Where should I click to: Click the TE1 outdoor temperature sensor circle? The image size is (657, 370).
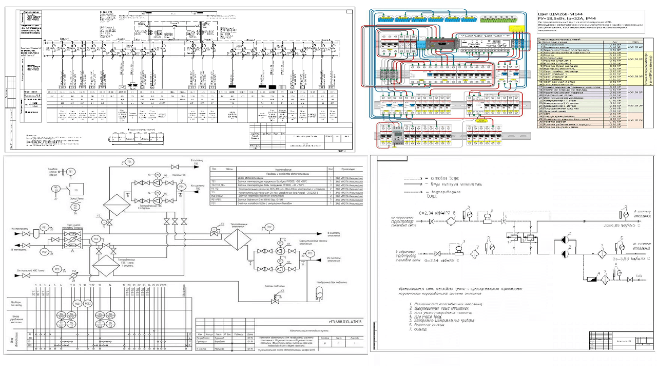coord(71,171)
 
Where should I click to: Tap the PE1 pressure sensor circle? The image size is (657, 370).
coord(44,227)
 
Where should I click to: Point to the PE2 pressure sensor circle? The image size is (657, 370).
coord(44,252)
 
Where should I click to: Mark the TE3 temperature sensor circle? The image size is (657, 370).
coord(95,239)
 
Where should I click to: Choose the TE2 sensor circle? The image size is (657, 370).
coord(270,227)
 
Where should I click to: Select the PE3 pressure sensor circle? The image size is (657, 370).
coord(310,253)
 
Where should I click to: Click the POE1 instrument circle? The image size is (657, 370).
coord(78,304)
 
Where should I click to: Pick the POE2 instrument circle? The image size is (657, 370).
coord(88,304)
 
